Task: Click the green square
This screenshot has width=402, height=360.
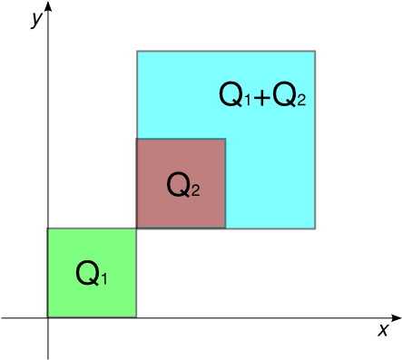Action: click(x=92, y=272)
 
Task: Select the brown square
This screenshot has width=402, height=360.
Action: click(x=181, y=183)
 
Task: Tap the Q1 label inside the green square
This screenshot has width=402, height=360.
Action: click(x=92, y=273)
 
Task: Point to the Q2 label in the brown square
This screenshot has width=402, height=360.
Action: click(x=182, y=186)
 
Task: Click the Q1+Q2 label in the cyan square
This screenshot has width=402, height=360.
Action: click(x=262, y=95)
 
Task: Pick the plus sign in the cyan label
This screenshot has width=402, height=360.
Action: click(x=261, y=97)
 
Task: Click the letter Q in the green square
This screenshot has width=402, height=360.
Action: click(x=87, y=272)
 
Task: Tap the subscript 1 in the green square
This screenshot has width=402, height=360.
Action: click(x=103, y=278)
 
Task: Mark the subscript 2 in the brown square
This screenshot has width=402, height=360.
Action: click(x=194, y=190)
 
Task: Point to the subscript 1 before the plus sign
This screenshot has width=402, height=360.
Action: click(x=246, y=101)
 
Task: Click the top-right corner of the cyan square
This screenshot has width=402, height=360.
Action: click(x=314, y=52)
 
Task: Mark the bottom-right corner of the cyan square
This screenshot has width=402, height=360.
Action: click(x=314, y=228)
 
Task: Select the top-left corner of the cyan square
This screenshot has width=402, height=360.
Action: click(x=138, y=52)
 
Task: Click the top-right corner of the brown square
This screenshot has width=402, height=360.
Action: click(x=225, y=139)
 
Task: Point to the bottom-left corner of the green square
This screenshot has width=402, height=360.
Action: click(x=48, y=316)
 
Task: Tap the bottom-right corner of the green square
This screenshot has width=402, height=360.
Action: click(x=135, y=316)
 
